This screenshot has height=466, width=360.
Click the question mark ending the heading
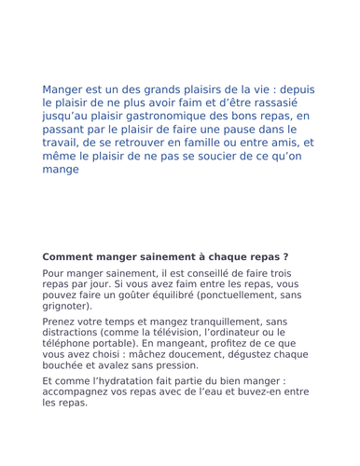point(284,256)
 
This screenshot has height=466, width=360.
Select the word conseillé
point(192,273)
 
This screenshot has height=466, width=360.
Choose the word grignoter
point(65,306)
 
